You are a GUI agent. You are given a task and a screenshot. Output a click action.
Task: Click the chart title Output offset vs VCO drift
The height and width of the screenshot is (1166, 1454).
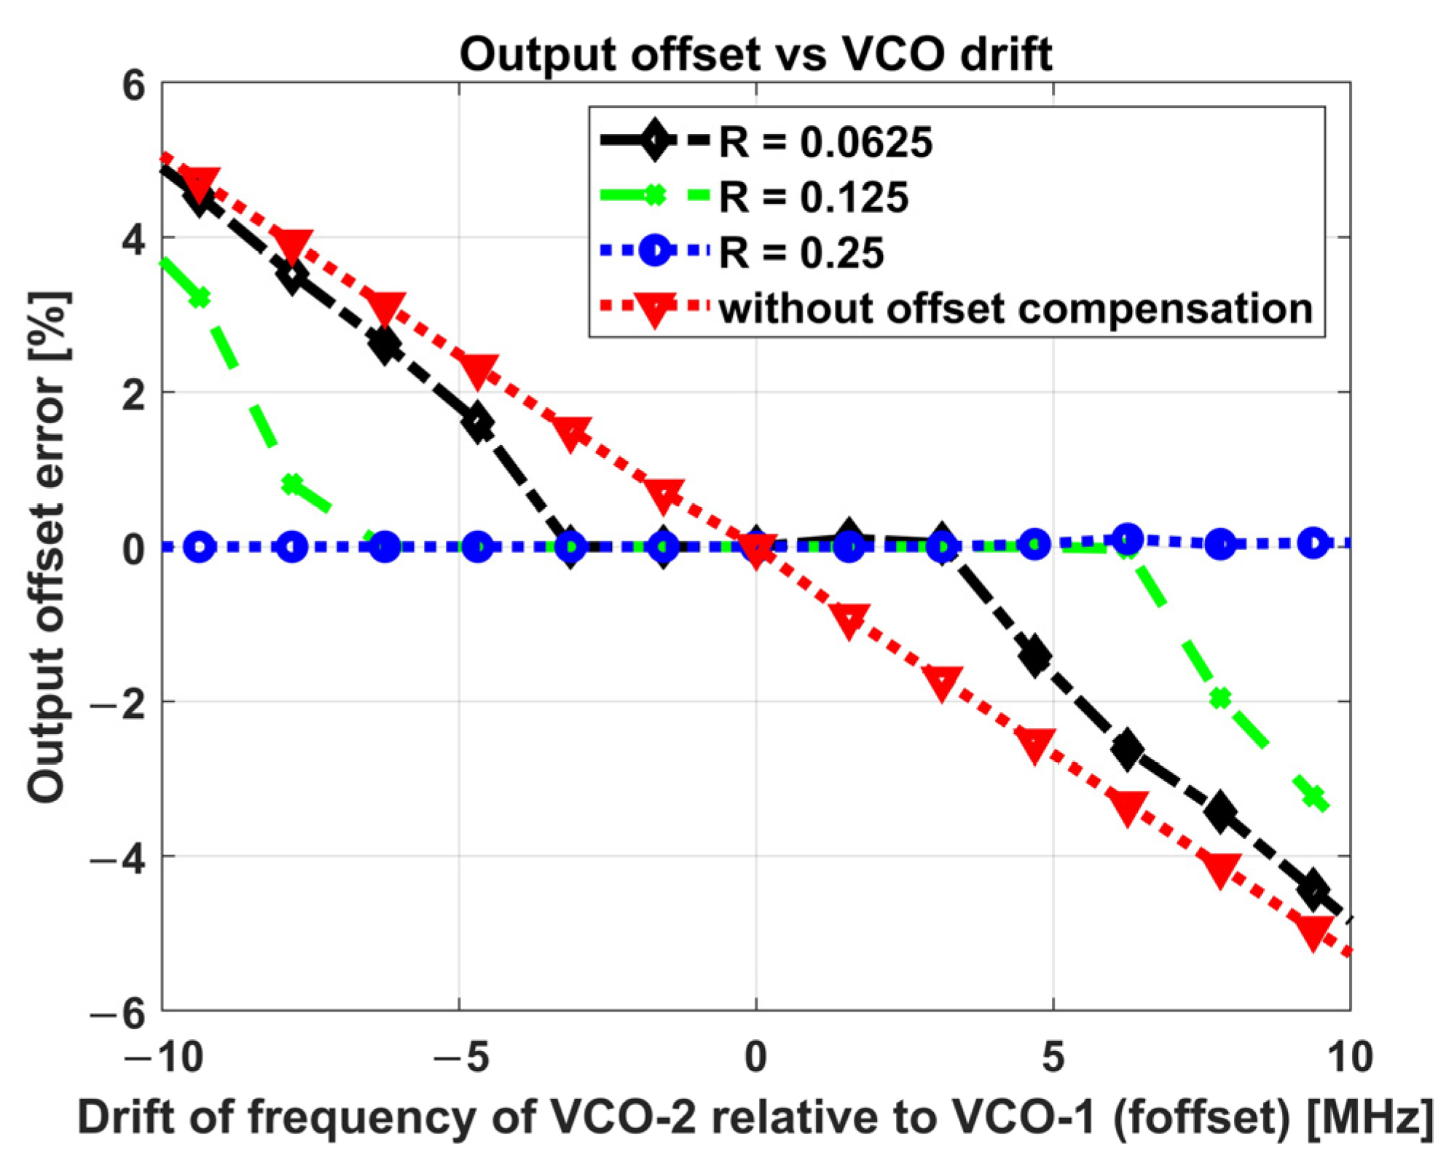click(755, 54)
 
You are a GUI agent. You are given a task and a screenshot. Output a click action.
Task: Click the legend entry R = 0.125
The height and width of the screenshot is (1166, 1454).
click(813, 197)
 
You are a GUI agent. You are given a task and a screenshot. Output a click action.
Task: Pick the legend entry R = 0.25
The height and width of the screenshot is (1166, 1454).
click(801, 253)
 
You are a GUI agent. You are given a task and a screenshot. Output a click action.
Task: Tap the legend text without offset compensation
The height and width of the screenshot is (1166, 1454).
click(1015, 309)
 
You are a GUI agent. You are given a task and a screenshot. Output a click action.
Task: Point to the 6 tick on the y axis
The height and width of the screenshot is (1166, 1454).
click(133, 86)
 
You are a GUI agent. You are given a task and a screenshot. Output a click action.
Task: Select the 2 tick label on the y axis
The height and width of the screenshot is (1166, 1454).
click(133, 394)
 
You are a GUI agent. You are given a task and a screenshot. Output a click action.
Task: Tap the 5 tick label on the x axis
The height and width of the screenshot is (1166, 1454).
click(1053, 1057)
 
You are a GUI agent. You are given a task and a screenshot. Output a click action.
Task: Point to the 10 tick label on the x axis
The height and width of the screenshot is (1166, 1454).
click(1349, 1057)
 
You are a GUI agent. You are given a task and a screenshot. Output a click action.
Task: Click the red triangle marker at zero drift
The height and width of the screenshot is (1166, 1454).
click(757, 549)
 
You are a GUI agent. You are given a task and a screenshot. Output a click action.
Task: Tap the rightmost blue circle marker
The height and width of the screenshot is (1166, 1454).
click(1313, 543)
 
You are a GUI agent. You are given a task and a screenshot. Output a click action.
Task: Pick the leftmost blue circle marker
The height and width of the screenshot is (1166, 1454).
click(200, 546)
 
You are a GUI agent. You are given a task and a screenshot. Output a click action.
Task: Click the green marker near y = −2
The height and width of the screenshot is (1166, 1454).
click(1220, 698)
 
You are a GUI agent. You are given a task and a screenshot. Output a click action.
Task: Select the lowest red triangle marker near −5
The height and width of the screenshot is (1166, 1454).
click(1313, 932)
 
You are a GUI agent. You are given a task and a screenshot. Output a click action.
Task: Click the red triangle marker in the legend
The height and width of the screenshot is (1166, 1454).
click(654, 309)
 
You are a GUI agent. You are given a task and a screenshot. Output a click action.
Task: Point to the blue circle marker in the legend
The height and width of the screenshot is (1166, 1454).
click(654, 251)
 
